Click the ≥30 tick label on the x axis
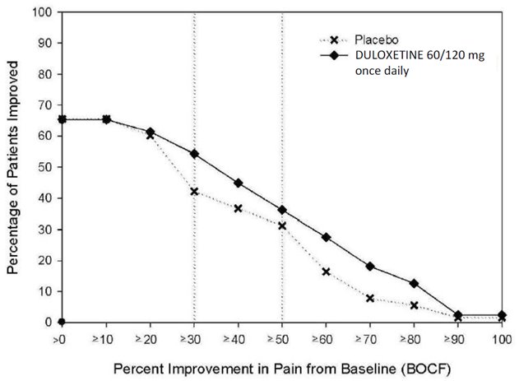pos(194,337)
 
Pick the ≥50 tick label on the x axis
pos(282,337)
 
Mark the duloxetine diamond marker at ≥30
pos(194,154)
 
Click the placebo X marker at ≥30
pos(194,192)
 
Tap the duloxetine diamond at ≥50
pos(282,210)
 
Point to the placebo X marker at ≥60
pos(327,272)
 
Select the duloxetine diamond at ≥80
pos(415,283)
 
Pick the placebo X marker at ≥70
pos(370,298)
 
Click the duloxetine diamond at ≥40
pos(239,183)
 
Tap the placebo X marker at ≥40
pos(239,208)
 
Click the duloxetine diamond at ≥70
pos(370,266)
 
